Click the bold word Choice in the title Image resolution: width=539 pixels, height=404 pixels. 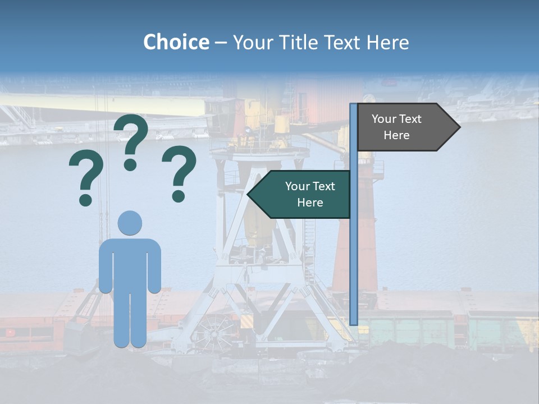(x=176, y=42)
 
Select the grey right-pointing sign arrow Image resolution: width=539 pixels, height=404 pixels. (x=404, y=127)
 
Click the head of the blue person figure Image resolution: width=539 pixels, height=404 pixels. (x=130, y=223)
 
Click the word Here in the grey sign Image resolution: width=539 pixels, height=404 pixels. (x=396, y=135)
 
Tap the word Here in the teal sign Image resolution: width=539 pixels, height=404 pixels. (x=310, y=203)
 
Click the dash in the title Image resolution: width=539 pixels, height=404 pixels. (x=221, y=43)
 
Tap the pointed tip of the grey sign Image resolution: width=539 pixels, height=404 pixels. (x=458, y=127)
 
